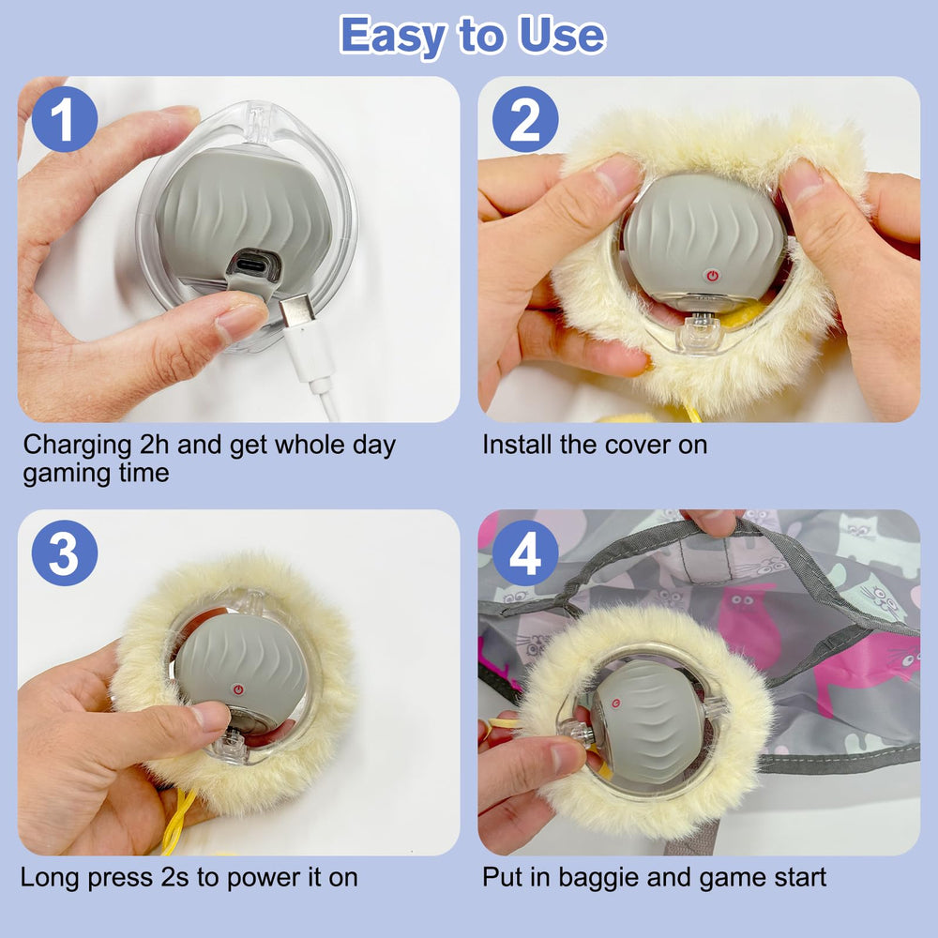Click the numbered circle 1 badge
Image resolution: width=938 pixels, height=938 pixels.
(x=65, y=119)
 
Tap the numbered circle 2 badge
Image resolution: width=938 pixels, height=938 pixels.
(x=525, y=119)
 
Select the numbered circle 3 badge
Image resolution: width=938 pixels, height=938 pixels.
(x=65, y=552)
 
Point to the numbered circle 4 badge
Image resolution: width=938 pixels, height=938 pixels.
(x=525, y=552)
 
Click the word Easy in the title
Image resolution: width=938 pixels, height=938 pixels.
(x=392, y=36)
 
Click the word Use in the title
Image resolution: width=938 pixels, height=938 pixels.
(x=562, y=36)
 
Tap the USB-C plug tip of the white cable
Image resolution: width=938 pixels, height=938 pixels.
(x=297, y=310)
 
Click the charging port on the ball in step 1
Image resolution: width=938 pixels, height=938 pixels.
(x=253, y=264)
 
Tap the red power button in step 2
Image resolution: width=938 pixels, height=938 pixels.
(x=712, y=276)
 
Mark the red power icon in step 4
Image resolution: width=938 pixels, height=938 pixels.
(x=615, y=703)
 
